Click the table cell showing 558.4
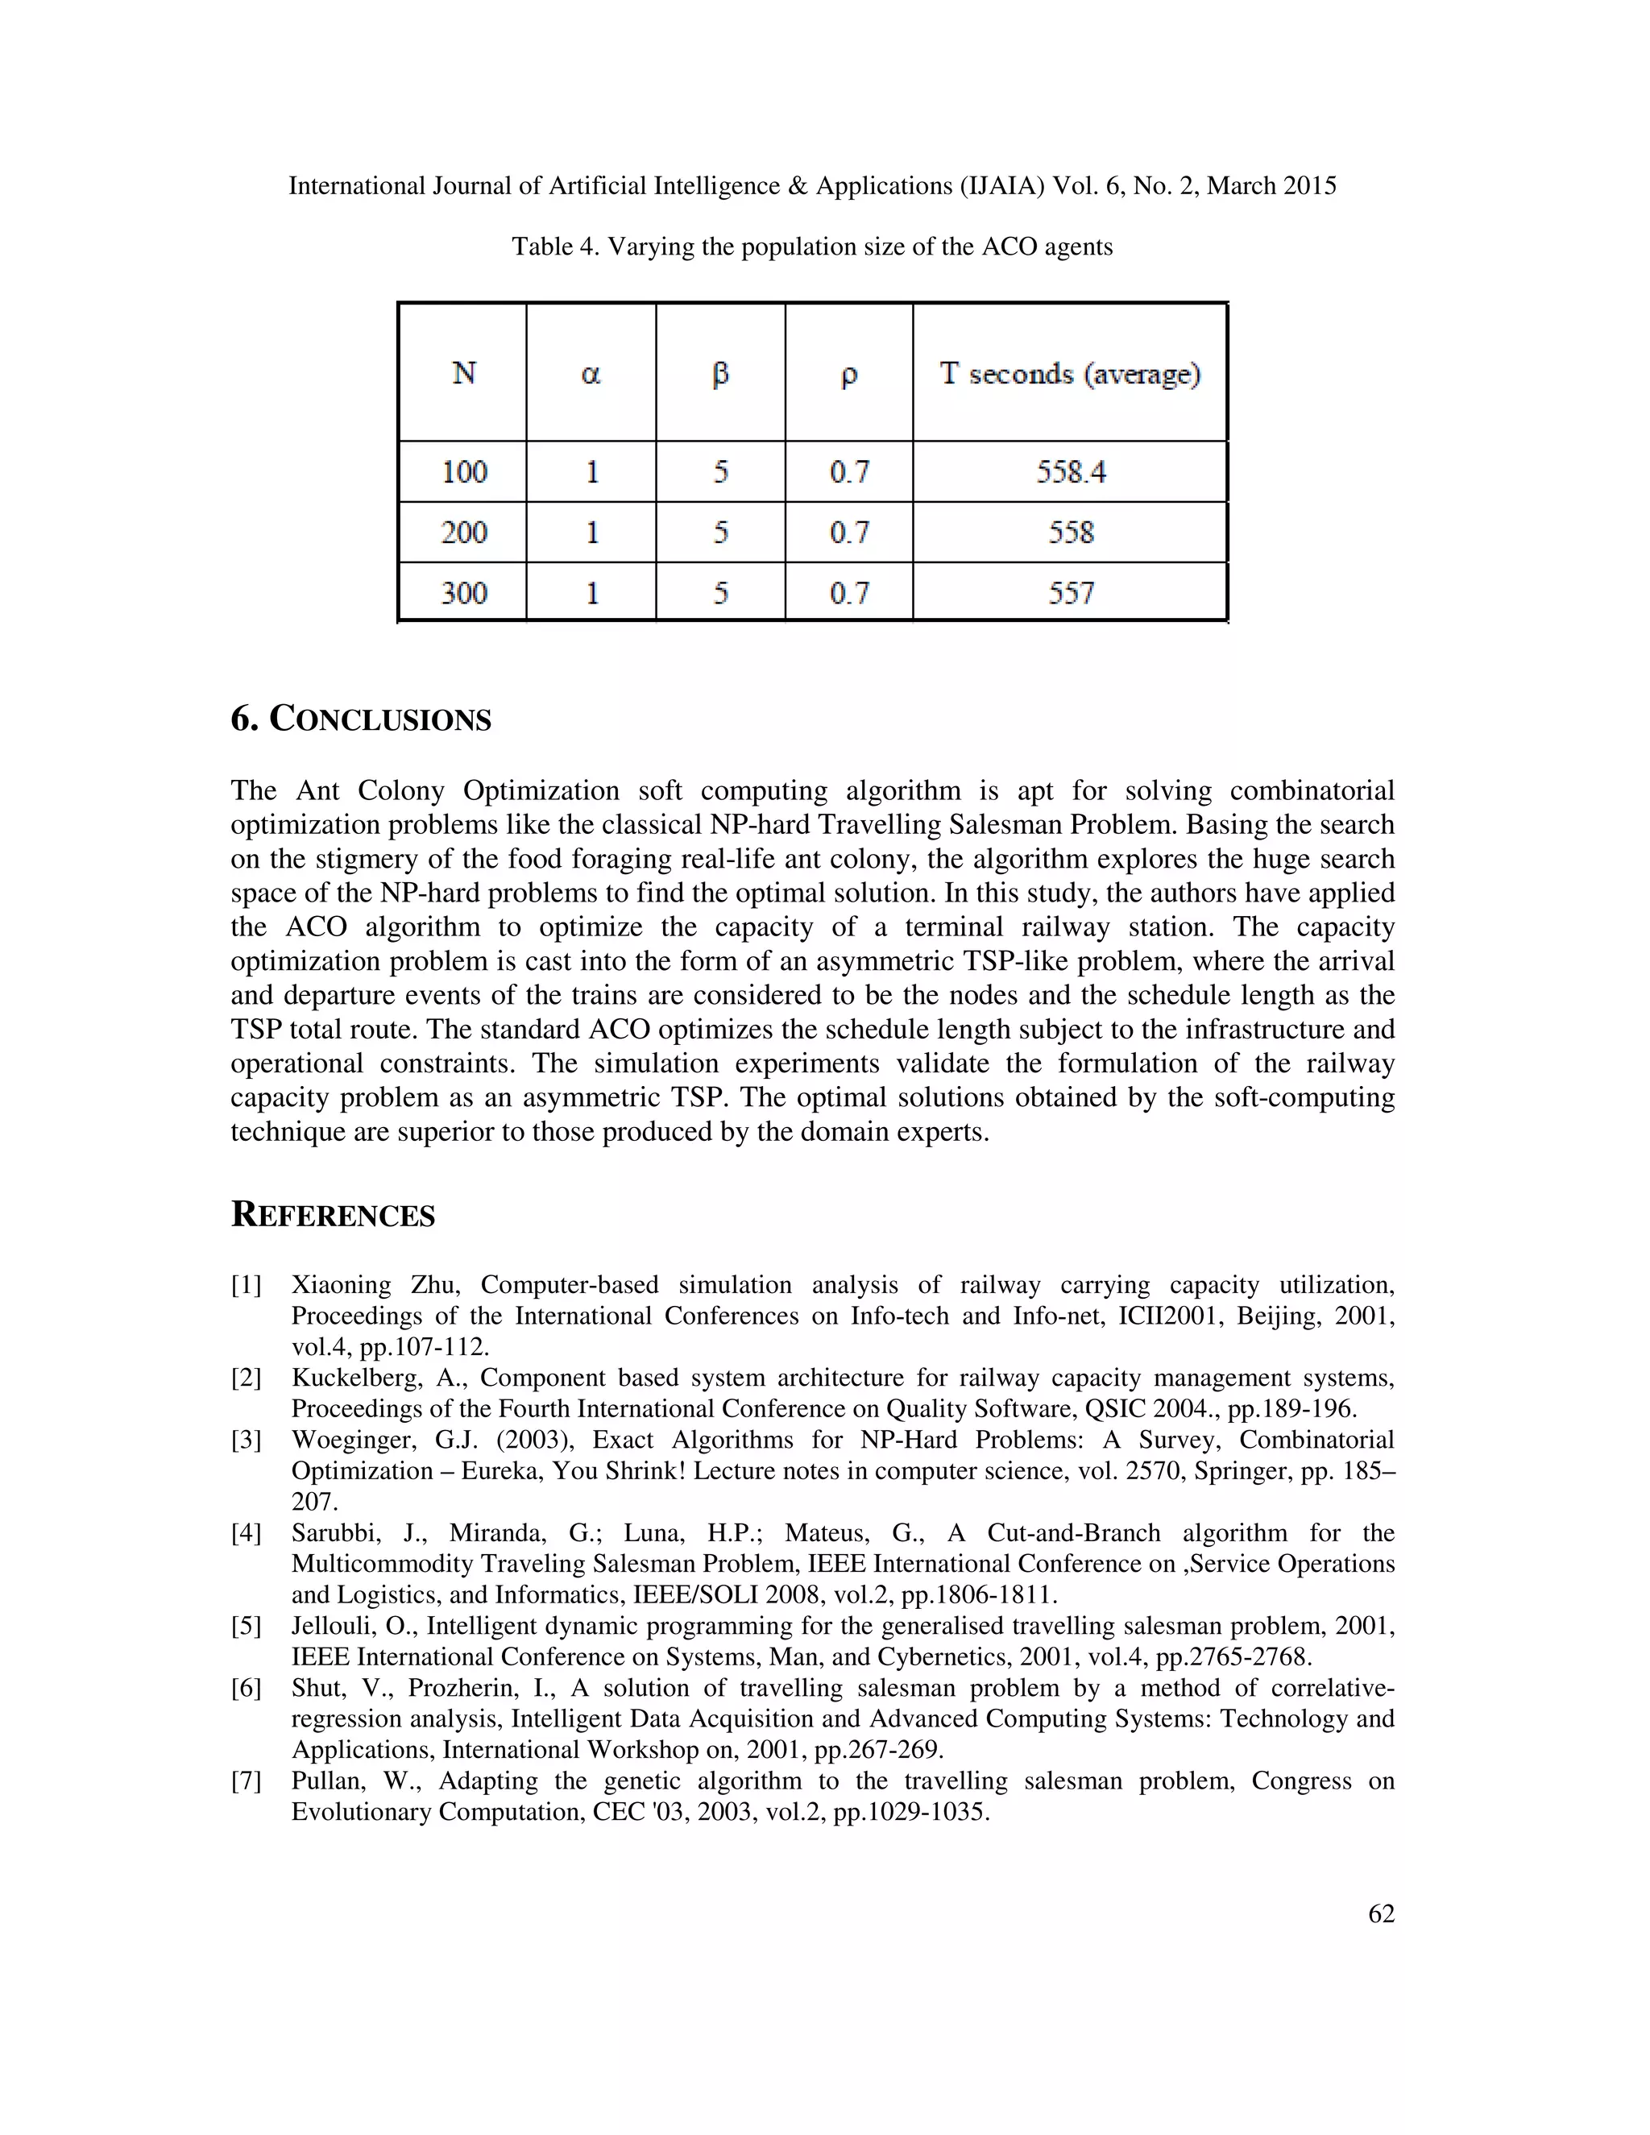1071,472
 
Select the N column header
463,374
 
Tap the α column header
591,374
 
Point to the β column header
720,375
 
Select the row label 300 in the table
463,592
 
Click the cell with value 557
1071,592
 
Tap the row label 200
463,533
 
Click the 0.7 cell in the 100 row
848,472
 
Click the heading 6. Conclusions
361,719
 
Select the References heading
333,1214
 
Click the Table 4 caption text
811,247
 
